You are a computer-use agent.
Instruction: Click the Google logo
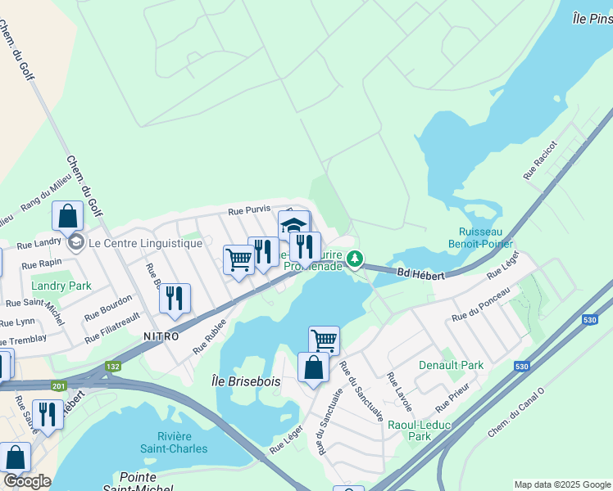coord(27,481)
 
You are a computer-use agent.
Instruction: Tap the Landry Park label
coord(61,286)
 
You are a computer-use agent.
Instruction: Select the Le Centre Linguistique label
coord(144,243)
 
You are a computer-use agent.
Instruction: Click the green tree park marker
coord(354,259)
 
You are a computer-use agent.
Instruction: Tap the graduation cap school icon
coord(293,224)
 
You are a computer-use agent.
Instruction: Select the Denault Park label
coord(451,365)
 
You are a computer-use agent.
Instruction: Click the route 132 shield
coord(112,367)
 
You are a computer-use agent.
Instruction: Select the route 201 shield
coord(58,385)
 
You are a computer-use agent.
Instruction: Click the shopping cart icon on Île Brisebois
coord(324,339)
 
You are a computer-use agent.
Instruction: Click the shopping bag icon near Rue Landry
coord(67,217)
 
